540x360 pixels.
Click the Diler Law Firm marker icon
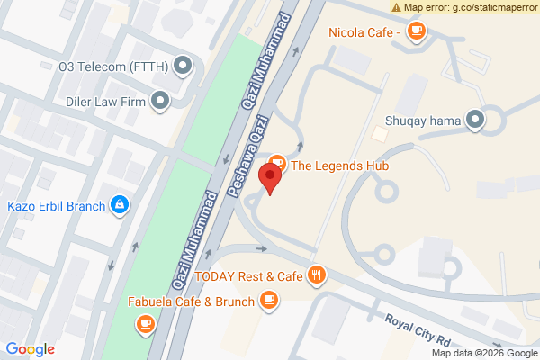161,101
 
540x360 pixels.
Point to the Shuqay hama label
422,120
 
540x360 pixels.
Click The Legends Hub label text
345,165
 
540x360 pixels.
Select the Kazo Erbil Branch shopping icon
119,205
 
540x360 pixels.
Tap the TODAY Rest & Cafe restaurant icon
316,275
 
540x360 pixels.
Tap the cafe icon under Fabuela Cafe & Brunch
145,322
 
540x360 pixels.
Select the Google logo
31,349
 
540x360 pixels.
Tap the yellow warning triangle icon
397,7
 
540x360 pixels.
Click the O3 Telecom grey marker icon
184,65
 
